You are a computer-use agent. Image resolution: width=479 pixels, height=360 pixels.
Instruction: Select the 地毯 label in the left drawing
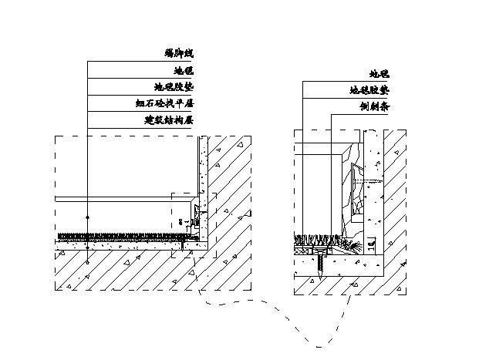(184, 70)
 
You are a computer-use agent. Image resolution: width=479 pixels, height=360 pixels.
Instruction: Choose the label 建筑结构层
(168, 121)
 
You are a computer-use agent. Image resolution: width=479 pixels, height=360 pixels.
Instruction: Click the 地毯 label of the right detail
(379, 74)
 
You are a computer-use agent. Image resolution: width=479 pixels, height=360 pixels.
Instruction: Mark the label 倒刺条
(373, 107)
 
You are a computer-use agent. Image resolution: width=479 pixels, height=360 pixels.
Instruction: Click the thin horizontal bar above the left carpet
(123, 199)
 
